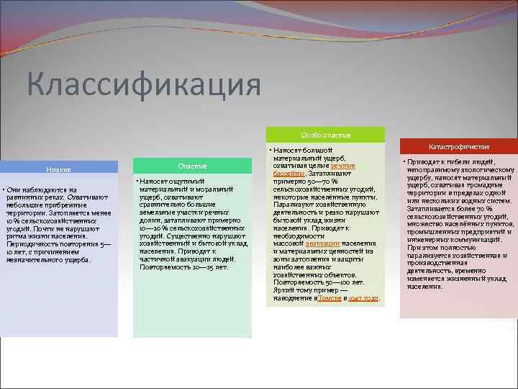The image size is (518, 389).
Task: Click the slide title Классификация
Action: pos(144,85)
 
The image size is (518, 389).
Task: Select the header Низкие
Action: pos(58,169)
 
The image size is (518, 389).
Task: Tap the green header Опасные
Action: pos(192,166)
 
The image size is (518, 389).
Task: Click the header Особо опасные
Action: pos(325,135)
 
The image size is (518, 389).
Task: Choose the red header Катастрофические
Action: pos(458,146)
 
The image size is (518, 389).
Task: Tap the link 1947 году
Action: pos(365,297)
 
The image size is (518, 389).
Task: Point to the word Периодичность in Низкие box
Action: pos(27,243)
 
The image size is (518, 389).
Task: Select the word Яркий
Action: pos(283,290)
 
